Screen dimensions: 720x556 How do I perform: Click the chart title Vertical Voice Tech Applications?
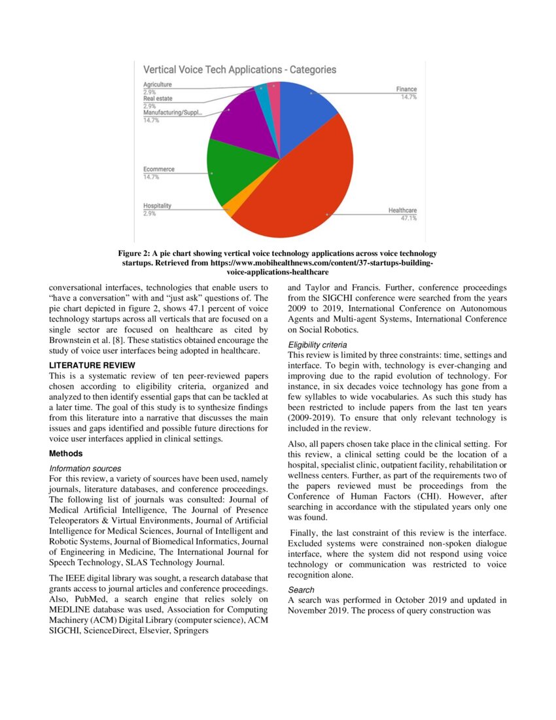[239, 69]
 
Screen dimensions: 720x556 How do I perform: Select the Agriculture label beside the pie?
[158, 84]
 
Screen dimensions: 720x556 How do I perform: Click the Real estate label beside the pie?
[158, 99]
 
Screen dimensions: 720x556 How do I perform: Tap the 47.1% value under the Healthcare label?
[409, 218]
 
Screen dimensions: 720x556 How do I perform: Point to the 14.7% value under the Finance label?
[409, 96]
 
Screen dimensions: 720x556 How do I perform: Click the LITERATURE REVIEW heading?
[92, 365]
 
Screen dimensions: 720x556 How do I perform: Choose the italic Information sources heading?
[85, 469]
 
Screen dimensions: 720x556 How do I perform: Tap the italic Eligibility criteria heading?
[317, 345]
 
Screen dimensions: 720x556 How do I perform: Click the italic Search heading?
[301, 590]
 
